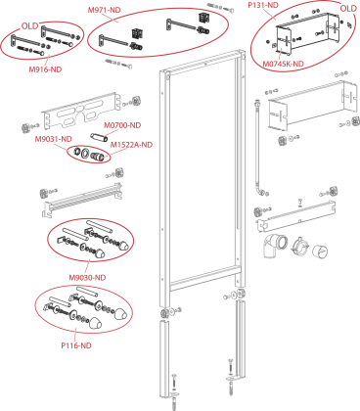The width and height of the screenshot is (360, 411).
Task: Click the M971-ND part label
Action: [105, 10]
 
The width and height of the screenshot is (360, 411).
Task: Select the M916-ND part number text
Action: [45, 69]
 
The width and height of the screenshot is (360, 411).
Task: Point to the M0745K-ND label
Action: [284, 64]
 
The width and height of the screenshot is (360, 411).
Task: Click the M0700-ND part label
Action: [122, 125]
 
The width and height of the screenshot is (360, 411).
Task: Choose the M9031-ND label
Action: [54, 139]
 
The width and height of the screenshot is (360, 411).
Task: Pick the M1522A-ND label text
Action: [131, 145]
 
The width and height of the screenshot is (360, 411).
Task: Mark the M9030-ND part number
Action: [87, 278]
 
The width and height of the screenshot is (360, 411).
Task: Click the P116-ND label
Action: [76, 345]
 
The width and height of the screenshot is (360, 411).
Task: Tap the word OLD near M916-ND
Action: [30, 25]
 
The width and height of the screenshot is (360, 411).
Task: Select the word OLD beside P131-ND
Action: [348, 9]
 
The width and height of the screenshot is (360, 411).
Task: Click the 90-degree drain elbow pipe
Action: [275, 246]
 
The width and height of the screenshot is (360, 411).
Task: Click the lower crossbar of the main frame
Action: [203, 277]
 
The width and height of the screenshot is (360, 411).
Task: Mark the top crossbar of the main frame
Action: [202, 61]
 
